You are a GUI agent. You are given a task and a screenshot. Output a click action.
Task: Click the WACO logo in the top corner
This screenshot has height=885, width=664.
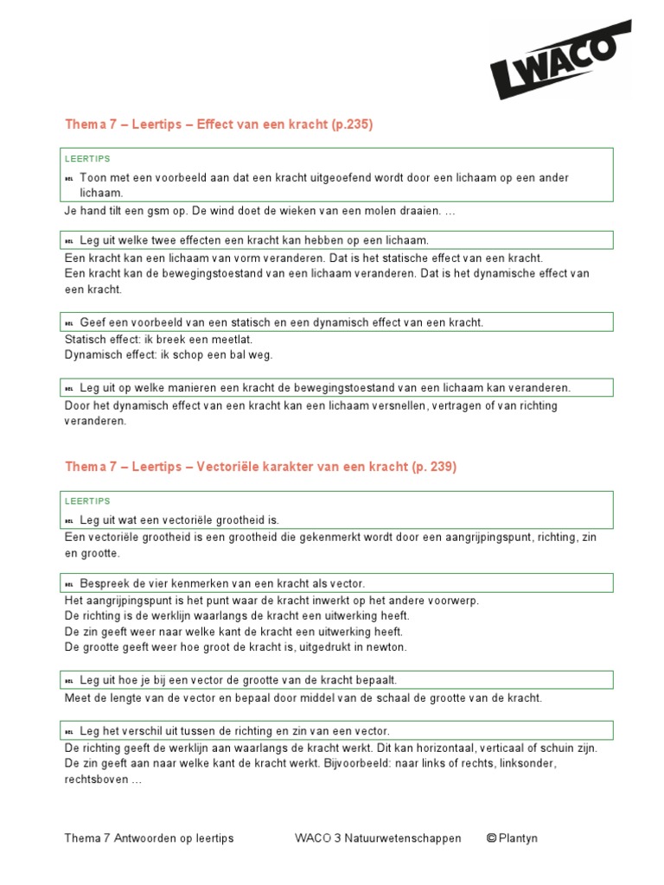(560, 60)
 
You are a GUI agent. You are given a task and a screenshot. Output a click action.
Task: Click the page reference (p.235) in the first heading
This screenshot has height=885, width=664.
(352, 124)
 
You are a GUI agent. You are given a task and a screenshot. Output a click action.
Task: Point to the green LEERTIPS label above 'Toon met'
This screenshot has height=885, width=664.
(87, 159)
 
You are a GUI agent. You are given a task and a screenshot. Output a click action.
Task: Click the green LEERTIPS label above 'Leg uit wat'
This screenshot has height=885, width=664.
(87, 501)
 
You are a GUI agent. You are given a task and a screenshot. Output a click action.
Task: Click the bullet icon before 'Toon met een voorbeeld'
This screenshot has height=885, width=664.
(69, 178)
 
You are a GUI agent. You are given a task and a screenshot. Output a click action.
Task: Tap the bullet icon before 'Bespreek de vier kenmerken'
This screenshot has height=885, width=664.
(69, 583)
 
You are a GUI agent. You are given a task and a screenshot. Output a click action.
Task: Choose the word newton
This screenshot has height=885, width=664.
(388, 646)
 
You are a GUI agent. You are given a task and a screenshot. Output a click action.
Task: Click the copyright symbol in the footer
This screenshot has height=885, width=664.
(491, 838)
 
